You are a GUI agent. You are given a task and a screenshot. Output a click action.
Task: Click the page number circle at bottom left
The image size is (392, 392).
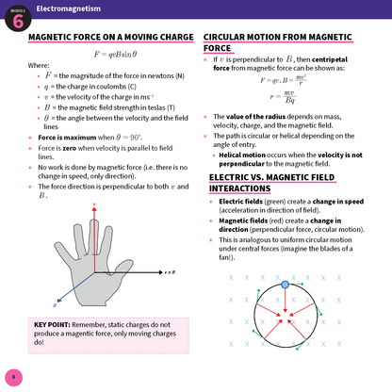(13, 378)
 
